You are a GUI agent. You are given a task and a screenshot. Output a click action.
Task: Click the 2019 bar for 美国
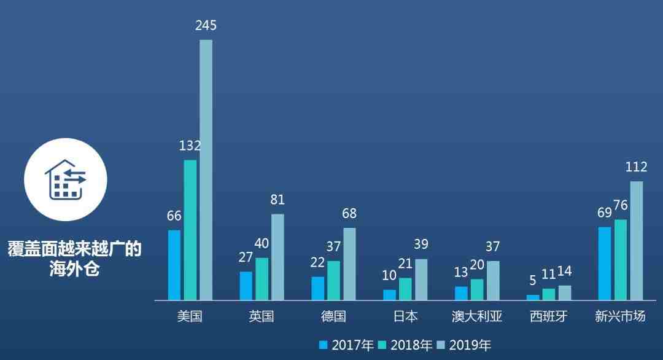click(x=206, y=170)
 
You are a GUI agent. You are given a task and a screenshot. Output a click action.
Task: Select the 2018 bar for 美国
click(x=190, y=230)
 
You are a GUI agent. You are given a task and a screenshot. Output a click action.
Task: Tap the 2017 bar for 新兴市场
click(x=605, y=264)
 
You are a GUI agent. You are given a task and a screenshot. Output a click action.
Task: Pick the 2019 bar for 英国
click(x=277, y=257)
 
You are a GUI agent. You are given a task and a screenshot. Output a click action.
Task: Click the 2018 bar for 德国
click(x=333, y=281)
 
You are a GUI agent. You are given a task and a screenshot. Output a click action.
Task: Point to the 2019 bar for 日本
click(x=421, y=280)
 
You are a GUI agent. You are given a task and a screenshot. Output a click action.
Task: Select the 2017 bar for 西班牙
click(x=533, y=297)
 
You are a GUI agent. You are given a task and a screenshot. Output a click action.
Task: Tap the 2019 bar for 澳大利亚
click(x=493, y=281)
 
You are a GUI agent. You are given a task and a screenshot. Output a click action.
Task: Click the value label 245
click(x=206, y=26)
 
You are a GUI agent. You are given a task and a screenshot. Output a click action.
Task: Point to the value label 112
click(x=636, y=167)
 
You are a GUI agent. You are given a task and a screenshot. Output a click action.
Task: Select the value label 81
click(x=277, y=200)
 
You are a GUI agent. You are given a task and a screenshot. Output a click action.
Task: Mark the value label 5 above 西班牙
click(x=533, y=281)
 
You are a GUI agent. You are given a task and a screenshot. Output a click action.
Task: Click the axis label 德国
click(x=333, y=316)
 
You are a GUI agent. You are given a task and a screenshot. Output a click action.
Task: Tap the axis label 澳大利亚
click(x=477, y=316)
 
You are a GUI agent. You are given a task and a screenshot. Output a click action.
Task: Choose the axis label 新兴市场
click(x=620, y=316)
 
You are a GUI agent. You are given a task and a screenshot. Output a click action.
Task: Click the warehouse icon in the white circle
click(x=66, y=179)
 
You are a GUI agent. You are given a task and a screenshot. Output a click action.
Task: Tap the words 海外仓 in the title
click(x=74, y=269)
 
